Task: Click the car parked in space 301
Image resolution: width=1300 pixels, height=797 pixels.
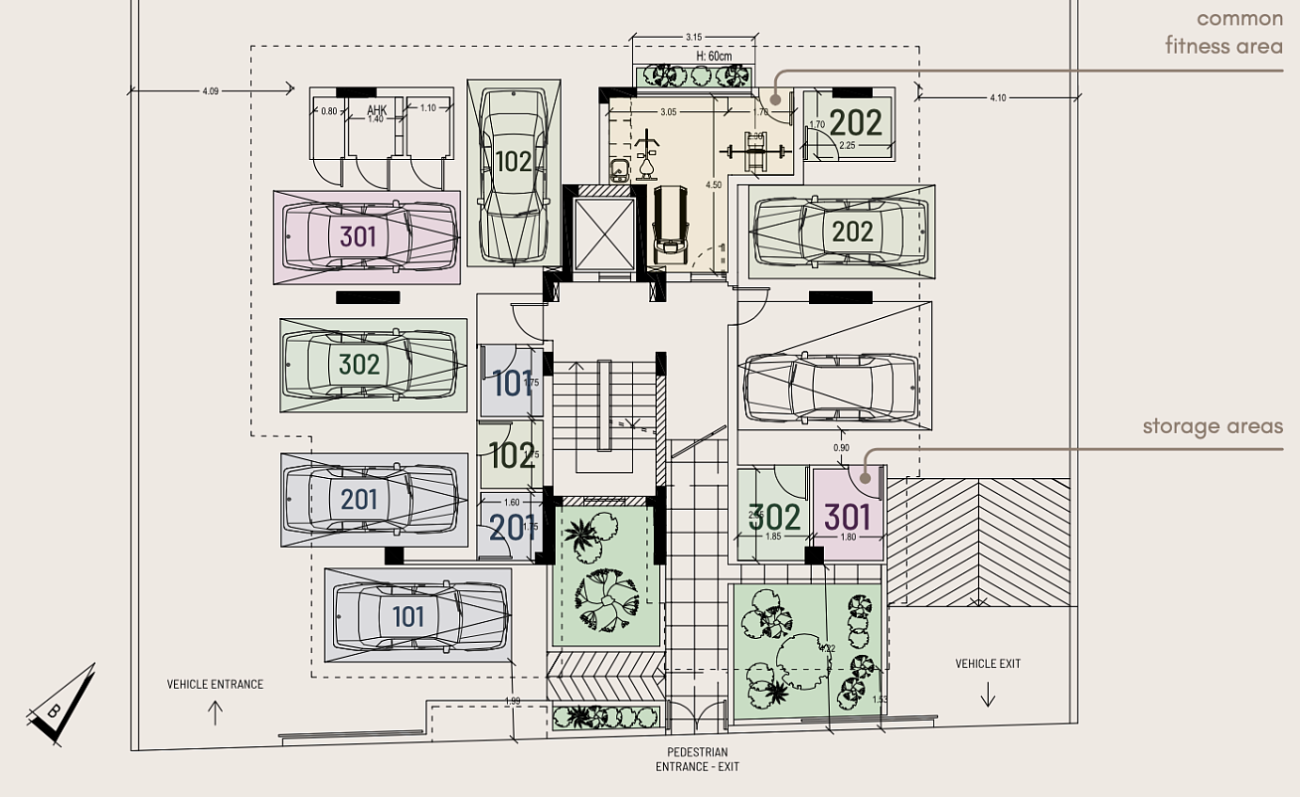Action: point(368,237)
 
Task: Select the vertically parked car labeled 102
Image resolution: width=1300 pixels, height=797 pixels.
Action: point(513,174)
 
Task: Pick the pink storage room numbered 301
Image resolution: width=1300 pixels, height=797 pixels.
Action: point(848,515)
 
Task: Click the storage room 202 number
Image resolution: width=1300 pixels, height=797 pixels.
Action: point(856,122)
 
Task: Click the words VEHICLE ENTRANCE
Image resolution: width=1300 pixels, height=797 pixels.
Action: point(215,684)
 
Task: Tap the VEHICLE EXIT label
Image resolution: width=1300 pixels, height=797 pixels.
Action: point(988,664)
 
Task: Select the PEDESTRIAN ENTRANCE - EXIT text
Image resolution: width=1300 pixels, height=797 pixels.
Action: point(697,759)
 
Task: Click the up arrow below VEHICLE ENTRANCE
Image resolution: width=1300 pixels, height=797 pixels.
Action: point(215,712)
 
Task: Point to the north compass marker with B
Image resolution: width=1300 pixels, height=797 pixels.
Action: point(61,707)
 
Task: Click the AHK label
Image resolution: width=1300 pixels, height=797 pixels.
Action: point(377,109)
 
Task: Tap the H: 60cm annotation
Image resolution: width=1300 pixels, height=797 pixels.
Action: point(695,56)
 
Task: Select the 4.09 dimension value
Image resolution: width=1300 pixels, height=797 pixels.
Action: point(210,91)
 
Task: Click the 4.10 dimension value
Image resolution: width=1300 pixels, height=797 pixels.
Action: point(998,97)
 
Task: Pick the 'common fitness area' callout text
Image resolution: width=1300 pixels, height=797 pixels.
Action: point(1223,32)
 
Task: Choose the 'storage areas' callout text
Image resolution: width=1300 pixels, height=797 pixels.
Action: point(1212,426)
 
